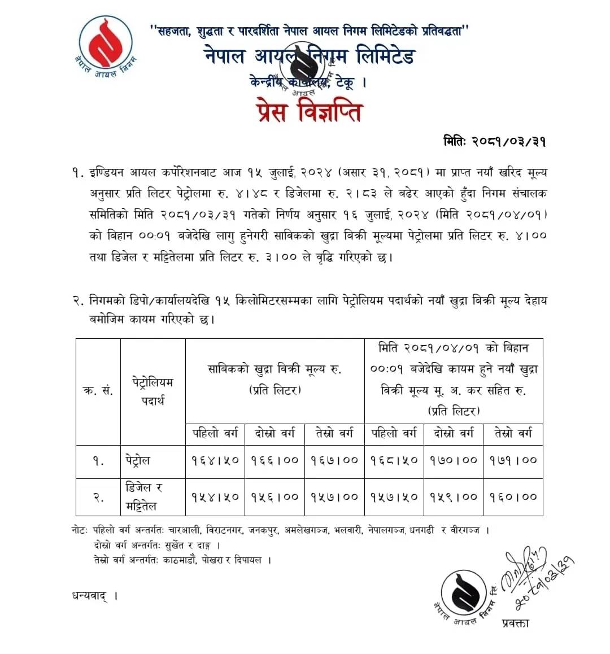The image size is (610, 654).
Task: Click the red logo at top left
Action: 106,42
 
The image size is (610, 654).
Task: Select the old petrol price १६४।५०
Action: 214,460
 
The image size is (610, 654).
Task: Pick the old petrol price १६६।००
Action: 274,460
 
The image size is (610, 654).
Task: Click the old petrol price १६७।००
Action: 334,460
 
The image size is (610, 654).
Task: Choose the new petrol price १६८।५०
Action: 394,460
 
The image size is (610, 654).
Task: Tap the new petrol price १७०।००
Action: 455,460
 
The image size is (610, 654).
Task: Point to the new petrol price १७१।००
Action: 513,460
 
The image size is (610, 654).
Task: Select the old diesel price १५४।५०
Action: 214,497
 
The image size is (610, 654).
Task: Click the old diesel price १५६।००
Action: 274,497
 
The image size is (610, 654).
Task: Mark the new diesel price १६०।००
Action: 513,497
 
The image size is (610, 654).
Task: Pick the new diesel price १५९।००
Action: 455,497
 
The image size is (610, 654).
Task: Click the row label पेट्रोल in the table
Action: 138,460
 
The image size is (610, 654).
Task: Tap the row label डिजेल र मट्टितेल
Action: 145,496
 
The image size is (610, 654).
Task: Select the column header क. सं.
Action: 98,391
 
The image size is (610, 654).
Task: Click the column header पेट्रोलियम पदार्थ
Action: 152,391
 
